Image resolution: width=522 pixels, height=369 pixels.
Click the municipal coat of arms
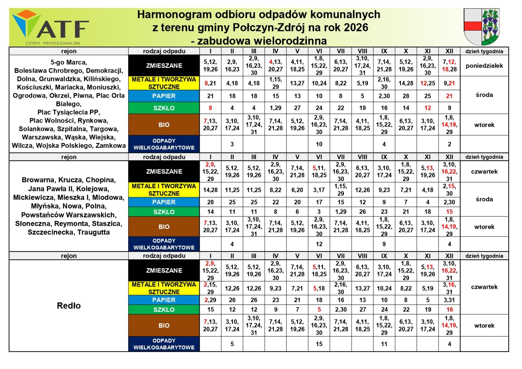[482, 27]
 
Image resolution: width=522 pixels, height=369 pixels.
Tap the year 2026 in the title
[355, 27]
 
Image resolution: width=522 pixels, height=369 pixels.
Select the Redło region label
[69, 306]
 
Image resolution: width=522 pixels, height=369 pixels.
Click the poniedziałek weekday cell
[484, 66]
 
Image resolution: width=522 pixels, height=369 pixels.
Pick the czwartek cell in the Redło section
[484, 287]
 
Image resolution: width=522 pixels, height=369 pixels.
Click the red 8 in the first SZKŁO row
[210, 108]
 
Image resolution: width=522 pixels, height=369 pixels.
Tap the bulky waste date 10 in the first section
[319, 144]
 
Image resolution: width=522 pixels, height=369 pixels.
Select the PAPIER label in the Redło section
[164, 300]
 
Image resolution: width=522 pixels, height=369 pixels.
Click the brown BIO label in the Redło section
[164, 326]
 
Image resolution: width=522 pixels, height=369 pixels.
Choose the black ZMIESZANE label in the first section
[164, 66]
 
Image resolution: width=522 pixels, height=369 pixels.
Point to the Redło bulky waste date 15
[319, 344]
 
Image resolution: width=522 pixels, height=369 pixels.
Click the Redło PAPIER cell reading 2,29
[210, 300]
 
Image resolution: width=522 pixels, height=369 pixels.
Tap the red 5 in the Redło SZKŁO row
[319, 310]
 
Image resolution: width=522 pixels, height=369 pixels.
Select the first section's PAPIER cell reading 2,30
[384, 96]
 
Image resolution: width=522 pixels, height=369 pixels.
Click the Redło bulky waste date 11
[384, 344]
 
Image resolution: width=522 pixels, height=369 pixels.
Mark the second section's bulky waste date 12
[319, 244]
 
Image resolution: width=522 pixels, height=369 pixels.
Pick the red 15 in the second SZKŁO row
[450, 212]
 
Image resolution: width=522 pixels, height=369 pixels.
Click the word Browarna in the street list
[36, 180]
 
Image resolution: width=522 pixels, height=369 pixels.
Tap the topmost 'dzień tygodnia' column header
[484, 51]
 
